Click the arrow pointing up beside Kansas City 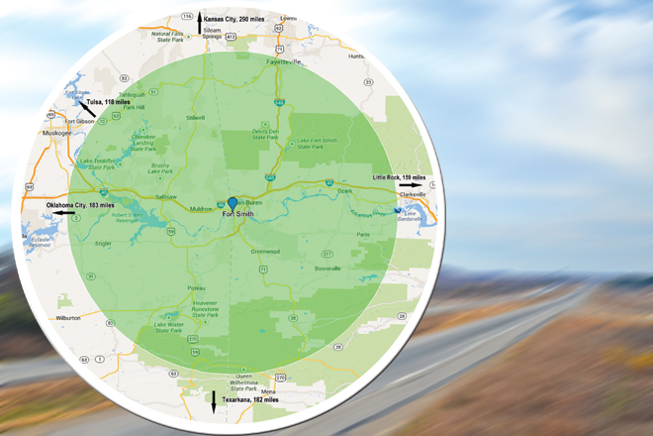pos(200,19)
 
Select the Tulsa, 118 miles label pos(109,100)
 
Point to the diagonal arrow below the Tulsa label pos(88,109)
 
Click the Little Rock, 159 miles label pos(399,176)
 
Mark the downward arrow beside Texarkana pos(213,401)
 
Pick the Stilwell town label pos(194,118)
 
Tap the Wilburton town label pos(68,318)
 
